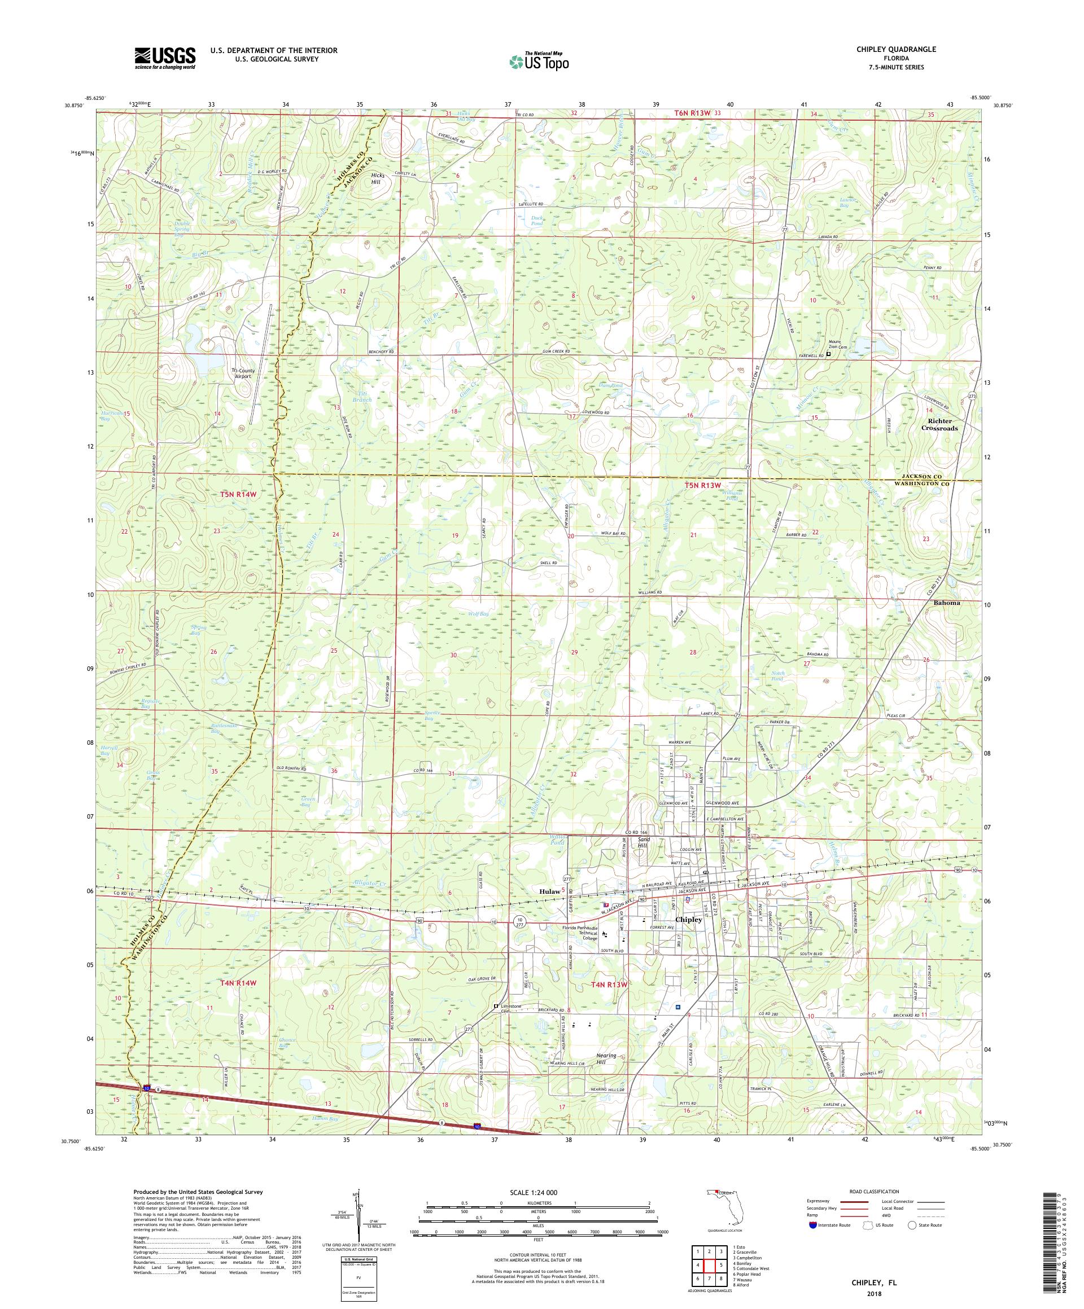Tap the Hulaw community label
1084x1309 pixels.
pos(549,892)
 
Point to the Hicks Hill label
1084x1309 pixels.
pos(379,179)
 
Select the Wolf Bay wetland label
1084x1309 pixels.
pos(478,614)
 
